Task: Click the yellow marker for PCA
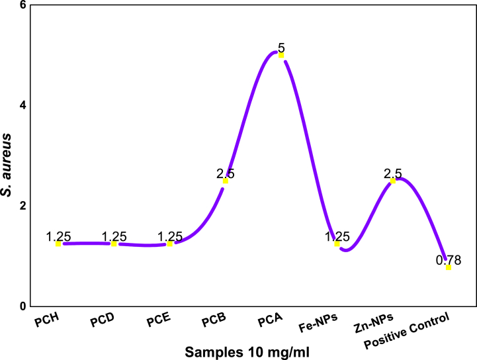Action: pyautogui.click(x=281, y=56)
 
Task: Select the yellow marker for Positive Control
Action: pyautogui.click(x=449, y=267)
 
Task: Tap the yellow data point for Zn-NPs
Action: pyautogui.click(x=393, y=181)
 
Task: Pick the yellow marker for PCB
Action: pyautogui.click(x=226, y=181)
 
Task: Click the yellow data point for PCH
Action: pyautogui.click(x=58, y=244)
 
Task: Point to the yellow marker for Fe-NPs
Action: pyautogui.click(x=337, y=244)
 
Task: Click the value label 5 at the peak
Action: pyautogui.click(x=281, y=48)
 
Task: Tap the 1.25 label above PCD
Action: pyautogui.click(x=114, y=237)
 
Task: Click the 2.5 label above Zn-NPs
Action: pyautogui.click(x=393, y=174)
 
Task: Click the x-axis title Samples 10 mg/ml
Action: pyautogui.click(x=239, y=351)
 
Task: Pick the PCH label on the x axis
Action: pyautogui.click(x=48, y=324)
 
